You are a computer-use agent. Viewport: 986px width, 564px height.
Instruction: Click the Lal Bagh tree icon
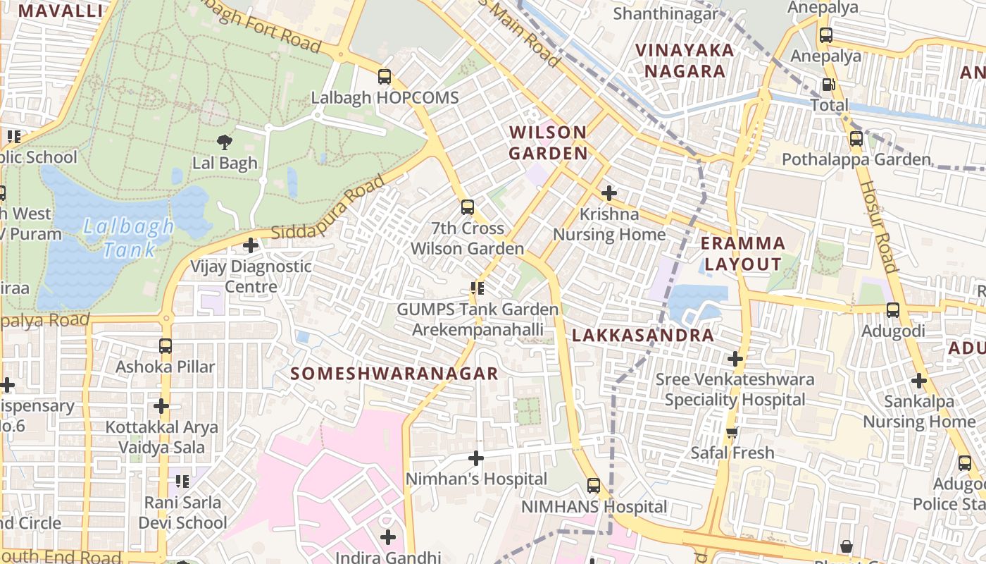coord(225,142)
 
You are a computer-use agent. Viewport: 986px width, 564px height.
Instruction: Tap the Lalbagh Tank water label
coord(128,238)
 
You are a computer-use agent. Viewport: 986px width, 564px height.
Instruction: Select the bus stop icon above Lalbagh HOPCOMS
coord(385,77)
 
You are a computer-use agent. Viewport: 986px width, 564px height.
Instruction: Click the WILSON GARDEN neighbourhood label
coord(548,142)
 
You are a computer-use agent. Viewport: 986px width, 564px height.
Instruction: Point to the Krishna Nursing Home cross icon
coord(609,192)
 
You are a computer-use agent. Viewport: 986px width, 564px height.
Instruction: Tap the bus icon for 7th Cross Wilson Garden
coord(468,207)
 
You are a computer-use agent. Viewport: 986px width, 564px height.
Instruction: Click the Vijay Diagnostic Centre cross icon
coord(251,246)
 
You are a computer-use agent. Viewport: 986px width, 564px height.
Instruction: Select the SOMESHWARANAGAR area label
coord(395,374)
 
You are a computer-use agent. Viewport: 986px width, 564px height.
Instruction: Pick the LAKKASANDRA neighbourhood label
coord(643,336)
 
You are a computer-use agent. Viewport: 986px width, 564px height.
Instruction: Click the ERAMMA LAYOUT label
coord(743,254)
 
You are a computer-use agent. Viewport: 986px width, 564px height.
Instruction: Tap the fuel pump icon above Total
coord(829,85)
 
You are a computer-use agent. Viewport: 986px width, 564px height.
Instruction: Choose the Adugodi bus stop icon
coord(893,309)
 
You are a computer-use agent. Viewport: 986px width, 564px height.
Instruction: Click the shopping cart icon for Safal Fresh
coord(732,431)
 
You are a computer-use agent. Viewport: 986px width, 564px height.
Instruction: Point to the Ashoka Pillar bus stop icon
coord(166,346)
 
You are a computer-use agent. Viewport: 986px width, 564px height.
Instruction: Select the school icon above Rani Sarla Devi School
coord(182,482)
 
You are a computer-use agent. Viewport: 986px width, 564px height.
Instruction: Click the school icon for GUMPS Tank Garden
coord(478,288)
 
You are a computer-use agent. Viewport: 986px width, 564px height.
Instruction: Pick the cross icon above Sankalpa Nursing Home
coord(919,381)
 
